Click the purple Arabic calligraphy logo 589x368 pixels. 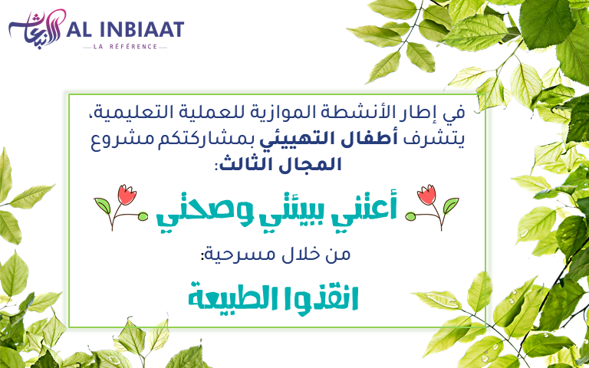(x=37, y=29)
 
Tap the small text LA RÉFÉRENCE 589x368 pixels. (x=125, y=47)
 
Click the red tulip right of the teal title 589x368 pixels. (x=426, y=195)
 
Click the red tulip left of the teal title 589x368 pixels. (x=127, y=195)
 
